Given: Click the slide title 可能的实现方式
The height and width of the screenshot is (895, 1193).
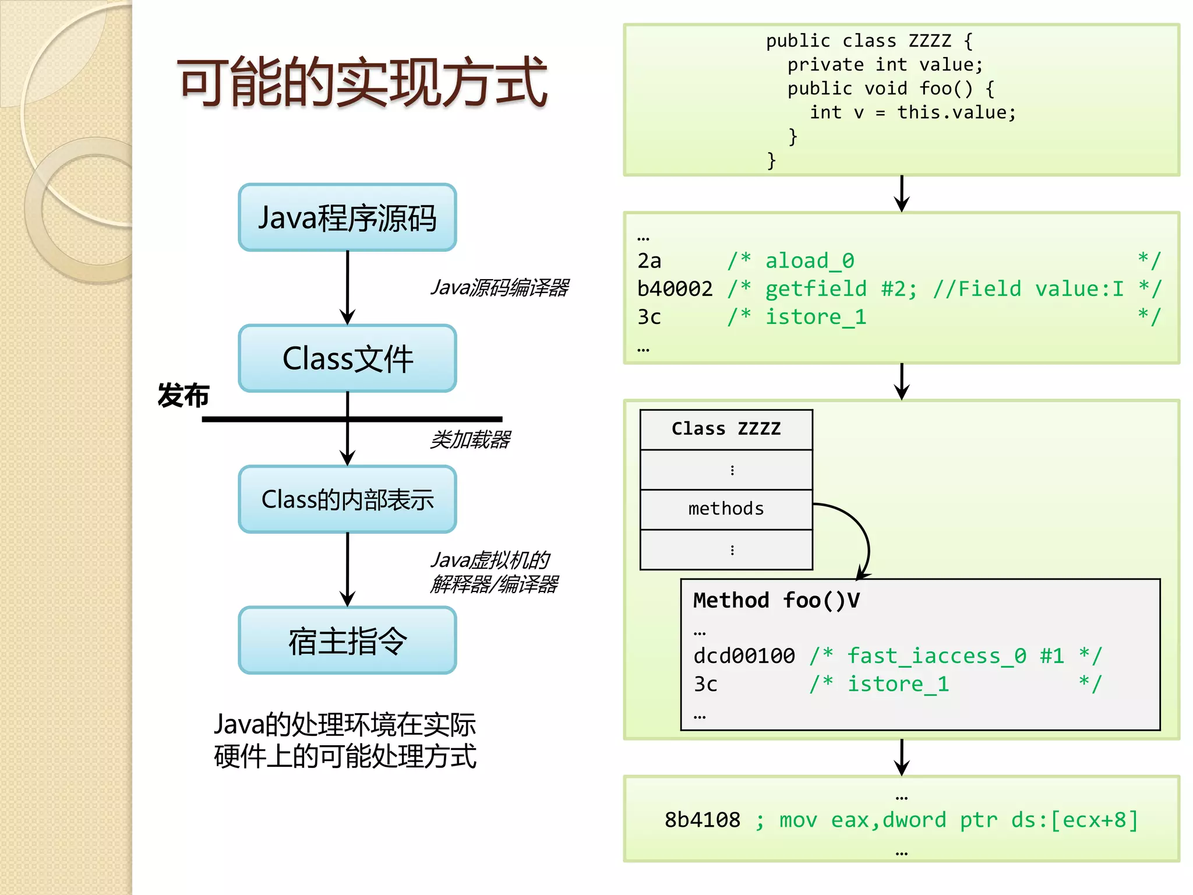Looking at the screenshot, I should pyautogui.click(x=362, y=82).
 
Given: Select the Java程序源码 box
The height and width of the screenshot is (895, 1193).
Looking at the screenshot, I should pyautogui.click(x=347, y=218).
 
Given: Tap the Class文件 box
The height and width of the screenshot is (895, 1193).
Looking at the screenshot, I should pyautogui.click(x=347, y=358).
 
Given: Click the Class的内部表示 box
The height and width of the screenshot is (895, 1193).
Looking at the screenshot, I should pyautogui.click(x=347, y=499).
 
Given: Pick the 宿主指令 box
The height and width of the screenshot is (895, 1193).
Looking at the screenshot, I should pyautogui.click(x=347, y=640).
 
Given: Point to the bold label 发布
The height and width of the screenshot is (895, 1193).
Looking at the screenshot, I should pyautogui.click(x=183, y=396).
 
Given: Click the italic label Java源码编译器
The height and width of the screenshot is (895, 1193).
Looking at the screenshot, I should pyautogui.click(x=499, y=287).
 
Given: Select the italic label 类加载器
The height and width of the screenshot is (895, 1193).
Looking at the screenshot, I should pyautogui.click(x=470, y=439).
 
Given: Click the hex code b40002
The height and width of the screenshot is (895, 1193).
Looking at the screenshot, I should pyautogui.click(x=675, y=289).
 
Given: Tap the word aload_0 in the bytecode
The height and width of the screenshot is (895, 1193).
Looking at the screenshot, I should pyautogui.click(x=809, y=261).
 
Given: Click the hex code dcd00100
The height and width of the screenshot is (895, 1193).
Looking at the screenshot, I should pyautogui.click(x=744, y=656).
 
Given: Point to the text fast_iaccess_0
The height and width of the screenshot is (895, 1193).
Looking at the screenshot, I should pyautogui.click(x=936, y=656).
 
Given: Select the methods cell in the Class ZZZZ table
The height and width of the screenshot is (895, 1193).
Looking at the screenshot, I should pyautogui.click(x=726, y=509).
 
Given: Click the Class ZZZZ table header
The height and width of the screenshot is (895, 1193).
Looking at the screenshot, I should pyautogui.click(x=726, y=429).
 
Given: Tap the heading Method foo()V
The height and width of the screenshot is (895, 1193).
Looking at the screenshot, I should pyautogui.click(x=776, y=601).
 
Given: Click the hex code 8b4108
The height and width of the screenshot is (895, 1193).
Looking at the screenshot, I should pyautogui.click(x=702, y=820).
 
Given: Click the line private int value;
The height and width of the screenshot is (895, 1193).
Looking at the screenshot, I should pyautogui.click(x=885, y=65).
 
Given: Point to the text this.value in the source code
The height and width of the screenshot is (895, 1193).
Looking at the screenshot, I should pyautogui.click(x=955, y=112).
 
